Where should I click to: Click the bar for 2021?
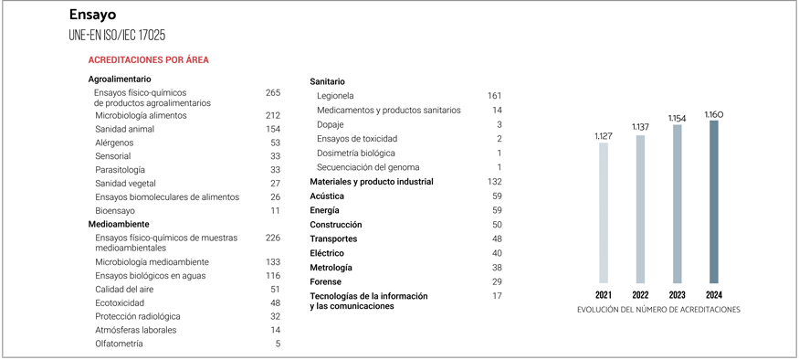(x=603, y=212)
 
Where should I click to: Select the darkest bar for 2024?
(x=713, y=201)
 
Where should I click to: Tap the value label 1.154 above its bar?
(x=677, y=119)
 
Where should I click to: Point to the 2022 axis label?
(x=640, y=295)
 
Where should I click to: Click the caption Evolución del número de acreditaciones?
(x=658, y=310)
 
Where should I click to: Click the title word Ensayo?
(x=92, y=16)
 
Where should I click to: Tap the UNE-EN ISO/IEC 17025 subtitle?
(x=117, y=35)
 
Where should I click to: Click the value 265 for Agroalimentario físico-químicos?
(x=272, y=93)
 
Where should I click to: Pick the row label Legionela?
(x=335, y=96)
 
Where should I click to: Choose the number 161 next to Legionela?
(x=494, y=96)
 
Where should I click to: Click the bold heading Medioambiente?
(x=119, y=224)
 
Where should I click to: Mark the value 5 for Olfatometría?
(x=278, y=344)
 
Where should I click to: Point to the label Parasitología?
(x=120, y=170)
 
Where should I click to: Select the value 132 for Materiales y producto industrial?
(x=495, y=182)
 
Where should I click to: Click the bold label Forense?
(x=325, y=281)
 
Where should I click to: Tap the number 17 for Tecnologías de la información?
(x=497, y=296)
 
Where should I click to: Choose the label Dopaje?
(x=331, y=124)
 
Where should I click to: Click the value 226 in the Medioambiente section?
(x=272, y=238)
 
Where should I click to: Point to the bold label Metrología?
(x=331, y=268)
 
